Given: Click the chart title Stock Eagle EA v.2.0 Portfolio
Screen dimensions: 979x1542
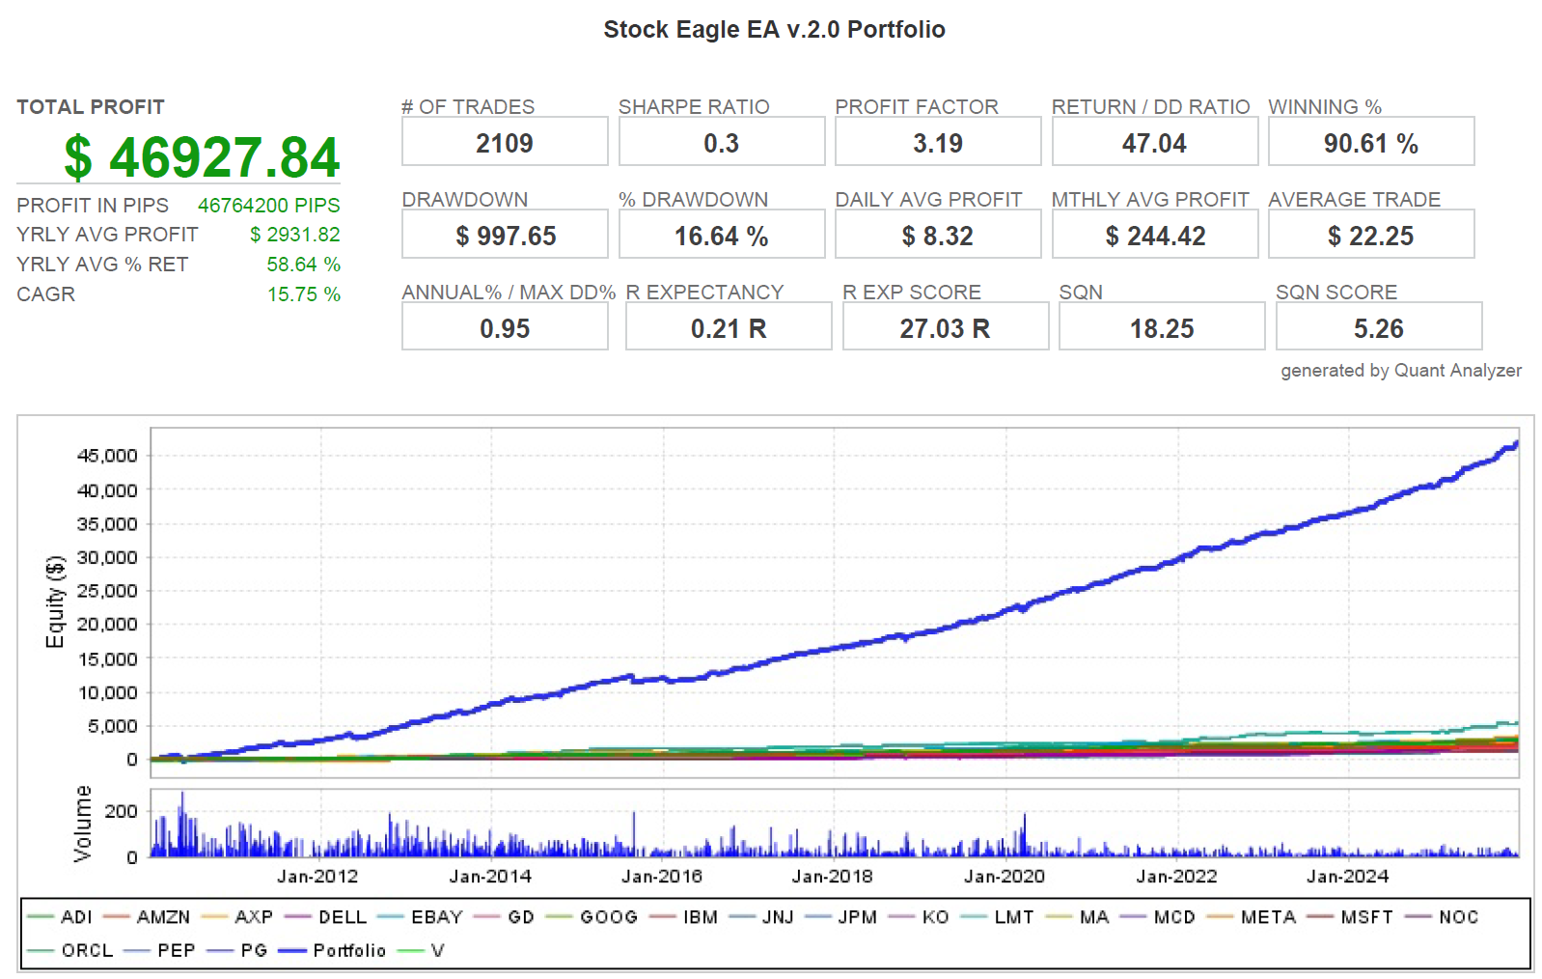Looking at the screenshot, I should click(x=774, y=30).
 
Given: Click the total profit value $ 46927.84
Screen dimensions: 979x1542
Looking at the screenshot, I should click(x=203, y=157).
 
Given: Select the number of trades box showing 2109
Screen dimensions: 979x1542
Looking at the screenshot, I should click(x=505, y=144).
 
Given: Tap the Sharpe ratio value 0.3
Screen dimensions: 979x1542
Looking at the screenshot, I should click(x=721, y=144).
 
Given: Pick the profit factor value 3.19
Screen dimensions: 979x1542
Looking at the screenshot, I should click(x=938, y=144).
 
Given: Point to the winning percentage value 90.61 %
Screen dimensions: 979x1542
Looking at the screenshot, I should click(x=1370, y=144).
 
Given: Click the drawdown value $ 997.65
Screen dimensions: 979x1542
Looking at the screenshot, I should click(x=505, y=237).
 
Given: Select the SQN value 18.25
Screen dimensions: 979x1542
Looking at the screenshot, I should click(x=1162, y=329).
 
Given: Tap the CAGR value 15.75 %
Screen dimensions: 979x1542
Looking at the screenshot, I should click(x=303, y=294).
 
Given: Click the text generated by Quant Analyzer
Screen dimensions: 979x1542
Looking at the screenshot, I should click(x=1400, y=371).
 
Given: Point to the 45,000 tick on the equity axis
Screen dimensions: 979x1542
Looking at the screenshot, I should click(x=107, y=456).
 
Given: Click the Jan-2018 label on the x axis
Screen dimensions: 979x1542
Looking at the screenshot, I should click(x=832, y=877).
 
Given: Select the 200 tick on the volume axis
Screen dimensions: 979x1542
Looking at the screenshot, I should click(x=122, y=812).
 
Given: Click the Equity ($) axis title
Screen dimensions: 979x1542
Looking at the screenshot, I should click(x=56, y=601).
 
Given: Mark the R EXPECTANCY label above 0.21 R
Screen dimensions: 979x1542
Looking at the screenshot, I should click(x=704, y=293).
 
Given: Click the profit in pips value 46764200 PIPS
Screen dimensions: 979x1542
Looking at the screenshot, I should click(x=268, y=206).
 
